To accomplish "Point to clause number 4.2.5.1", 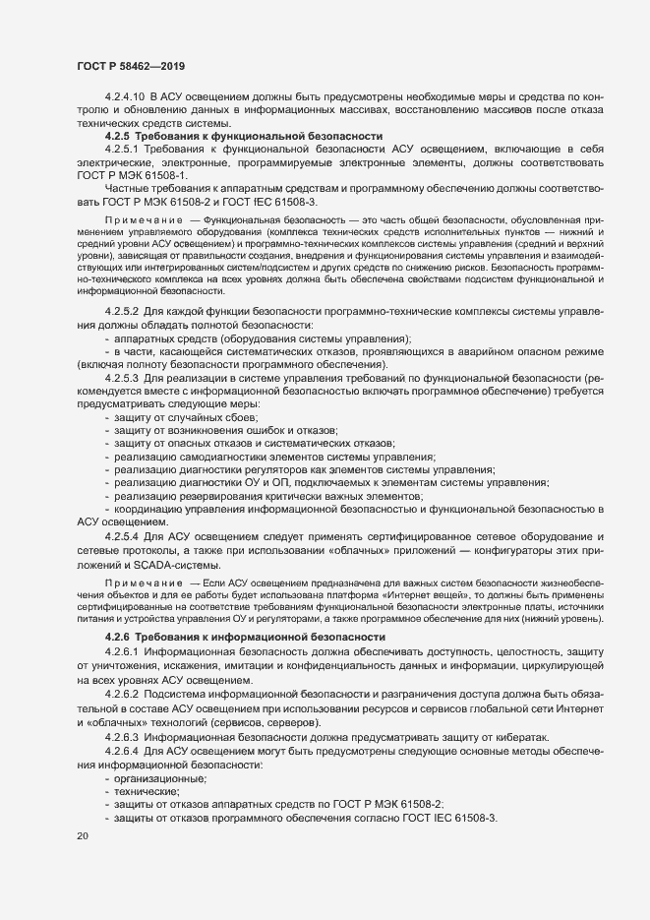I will [x=122, y=148].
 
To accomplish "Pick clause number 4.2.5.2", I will [x=122, y=312].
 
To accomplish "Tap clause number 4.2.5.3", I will [x=122, y=378].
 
